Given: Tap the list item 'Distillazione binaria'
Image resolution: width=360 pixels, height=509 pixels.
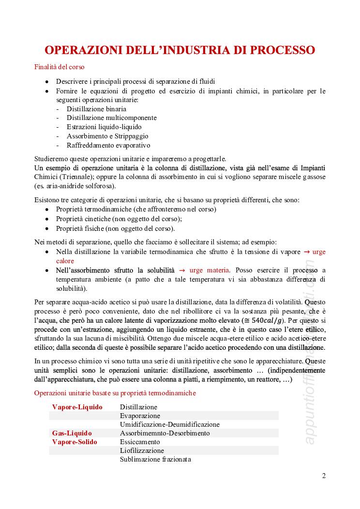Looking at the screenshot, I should tap(96, 109).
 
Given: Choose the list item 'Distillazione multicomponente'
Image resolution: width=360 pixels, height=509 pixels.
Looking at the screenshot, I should tap(111, 118).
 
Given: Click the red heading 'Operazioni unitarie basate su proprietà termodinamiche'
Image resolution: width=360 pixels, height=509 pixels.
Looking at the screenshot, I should tap(115, 393).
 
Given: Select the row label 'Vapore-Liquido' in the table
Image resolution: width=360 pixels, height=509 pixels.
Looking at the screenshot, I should tap(77, 407).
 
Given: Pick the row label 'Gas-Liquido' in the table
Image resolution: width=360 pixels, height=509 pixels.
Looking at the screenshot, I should tap(72, 433).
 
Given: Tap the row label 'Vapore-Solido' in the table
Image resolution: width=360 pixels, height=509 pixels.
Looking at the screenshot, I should tap(75, 442).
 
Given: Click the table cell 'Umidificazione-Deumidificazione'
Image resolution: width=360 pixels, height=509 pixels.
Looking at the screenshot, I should tap(170, 424).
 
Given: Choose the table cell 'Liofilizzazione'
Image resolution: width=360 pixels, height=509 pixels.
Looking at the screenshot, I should tap(142, 450).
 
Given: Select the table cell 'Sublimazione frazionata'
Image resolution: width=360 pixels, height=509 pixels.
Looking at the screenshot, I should tap(155, 459).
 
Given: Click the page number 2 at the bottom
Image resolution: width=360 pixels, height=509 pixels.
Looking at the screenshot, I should tap(324, 476).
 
